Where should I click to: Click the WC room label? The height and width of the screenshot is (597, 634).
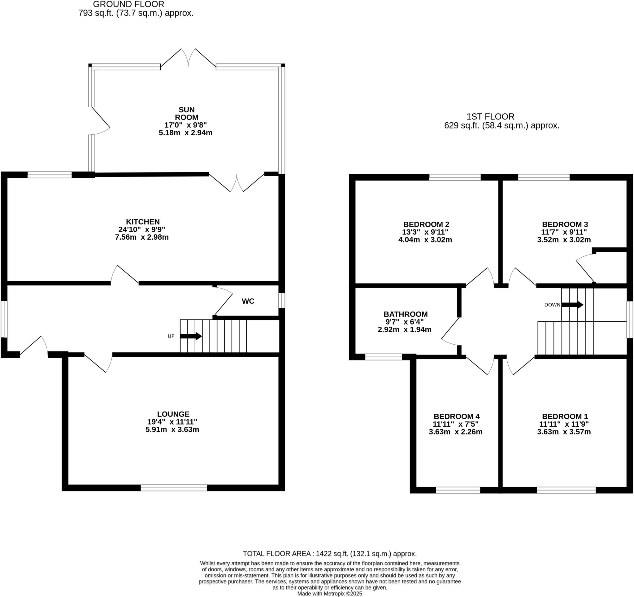tap(248, 301)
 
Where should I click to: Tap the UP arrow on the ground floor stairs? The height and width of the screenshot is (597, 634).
tap(191, 336)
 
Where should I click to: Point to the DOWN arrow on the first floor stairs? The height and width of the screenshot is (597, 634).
tap(572, 305)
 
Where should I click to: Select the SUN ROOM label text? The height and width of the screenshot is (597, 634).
tap(186, 114)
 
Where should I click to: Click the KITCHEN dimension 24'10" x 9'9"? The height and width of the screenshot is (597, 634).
tap(141, 229)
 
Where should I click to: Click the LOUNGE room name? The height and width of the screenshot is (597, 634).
tap(173, 414)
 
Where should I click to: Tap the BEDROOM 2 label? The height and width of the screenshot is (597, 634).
tap(426, 224)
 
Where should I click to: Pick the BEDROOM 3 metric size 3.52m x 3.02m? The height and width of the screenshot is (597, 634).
tap(564, 239)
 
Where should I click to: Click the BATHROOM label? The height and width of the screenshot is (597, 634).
tap(405, 314)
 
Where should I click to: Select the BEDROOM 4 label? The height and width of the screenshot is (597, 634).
tap(456, 416)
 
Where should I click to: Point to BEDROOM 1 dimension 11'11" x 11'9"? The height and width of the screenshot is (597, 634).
tap(564, 424)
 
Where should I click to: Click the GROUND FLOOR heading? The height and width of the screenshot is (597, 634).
tap(128, 4)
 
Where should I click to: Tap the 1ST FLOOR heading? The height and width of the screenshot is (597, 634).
tap(490, 116)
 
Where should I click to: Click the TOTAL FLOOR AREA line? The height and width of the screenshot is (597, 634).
tap(329, 554)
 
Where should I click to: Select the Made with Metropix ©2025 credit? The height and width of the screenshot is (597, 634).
tap(329, 594)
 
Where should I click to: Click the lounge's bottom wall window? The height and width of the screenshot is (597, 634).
tap(174, 488)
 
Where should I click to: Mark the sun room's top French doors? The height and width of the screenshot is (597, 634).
tap(188, 59)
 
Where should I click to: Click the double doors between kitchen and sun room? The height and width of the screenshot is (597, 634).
tap(237, 183)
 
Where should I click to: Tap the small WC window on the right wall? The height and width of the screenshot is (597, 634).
tap(282, 300)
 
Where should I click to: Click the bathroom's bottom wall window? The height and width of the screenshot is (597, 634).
tap(383, 357)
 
